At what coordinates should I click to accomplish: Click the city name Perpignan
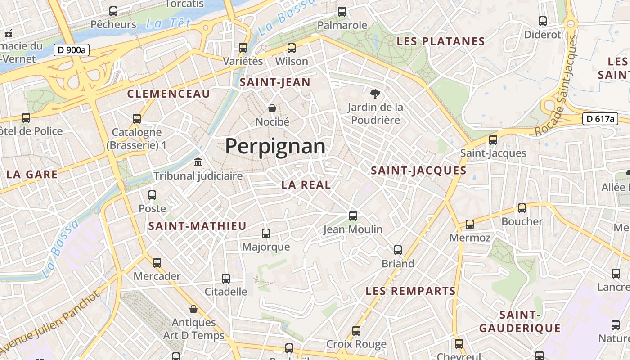point(275,147)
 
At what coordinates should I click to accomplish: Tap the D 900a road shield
point(72,50)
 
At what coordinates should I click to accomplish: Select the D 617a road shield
point(600,119)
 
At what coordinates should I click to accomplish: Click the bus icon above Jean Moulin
point(353,216)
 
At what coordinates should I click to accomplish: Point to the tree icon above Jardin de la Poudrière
point(374,94)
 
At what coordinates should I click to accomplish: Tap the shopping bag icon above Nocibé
point(272,108)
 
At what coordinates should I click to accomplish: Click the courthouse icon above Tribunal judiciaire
point(198,162)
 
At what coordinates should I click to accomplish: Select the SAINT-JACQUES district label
point(418,171)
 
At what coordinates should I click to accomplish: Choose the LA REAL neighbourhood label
point(306,184)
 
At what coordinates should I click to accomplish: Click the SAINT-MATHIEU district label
point(198,226)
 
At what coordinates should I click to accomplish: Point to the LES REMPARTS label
point(411,291)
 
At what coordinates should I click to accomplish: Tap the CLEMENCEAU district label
point(169,94)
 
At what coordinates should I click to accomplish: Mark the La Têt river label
point(168,23)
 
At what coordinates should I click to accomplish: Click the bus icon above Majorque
point(266,234)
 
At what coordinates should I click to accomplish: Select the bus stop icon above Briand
point(398,250)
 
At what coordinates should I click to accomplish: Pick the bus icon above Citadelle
point(226,279)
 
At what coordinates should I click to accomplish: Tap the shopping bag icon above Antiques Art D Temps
point(193,309)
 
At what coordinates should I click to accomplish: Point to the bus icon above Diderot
point(543,21)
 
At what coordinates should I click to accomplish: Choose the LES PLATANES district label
point(441,42)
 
